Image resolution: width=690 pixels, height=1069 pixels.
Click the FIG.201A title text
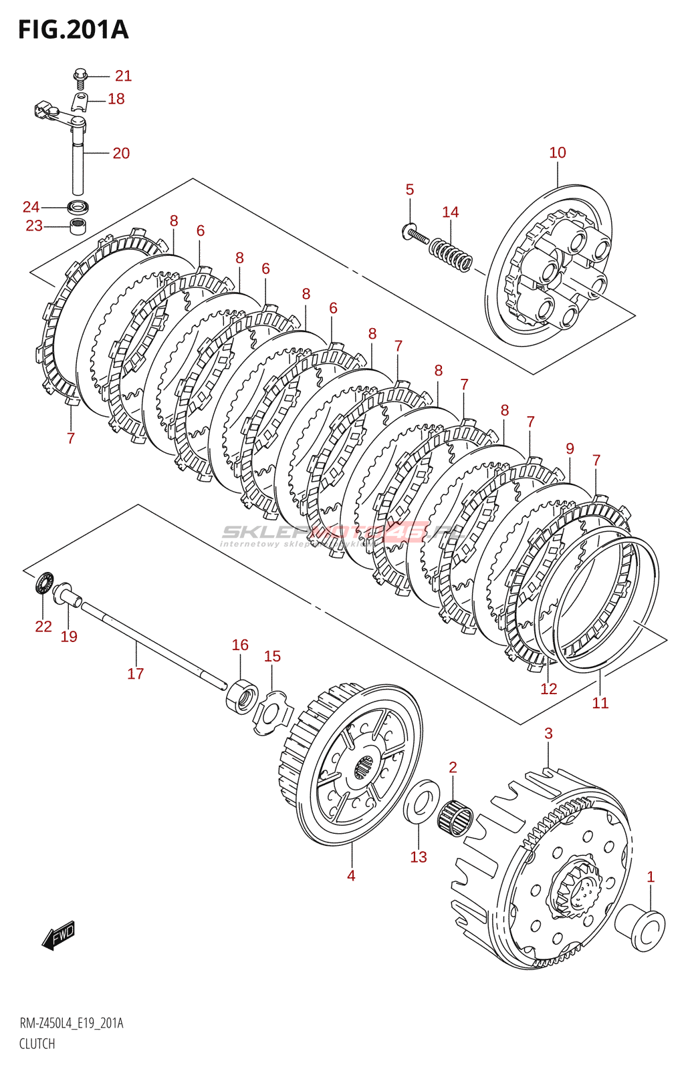73,30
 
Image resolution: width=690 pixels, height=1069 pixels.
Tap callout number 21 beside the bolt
123,76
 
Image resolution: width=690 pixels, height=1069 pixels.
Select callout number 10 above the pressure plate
557,153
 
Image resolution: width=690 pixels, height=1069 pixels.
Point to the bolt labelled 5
415,235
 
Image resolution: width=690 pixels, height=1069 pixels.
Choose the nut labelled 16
242,696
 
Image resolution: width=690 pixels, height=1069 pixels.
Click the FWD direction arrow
59,935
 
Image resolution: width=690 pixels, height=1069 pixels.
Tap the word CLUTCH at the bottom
37,1044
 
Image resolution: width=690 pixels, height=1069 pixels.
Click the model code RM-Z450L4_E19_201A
72,1024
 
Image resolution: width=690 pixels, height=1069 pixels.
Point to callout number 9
570,449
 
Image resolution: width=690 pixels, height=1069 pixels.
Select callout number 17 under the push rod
135,673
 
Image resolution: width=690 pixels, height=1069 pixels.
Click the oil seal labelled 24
78,206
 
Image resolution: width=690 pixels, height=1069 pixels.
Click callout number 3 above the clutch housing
548,734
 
